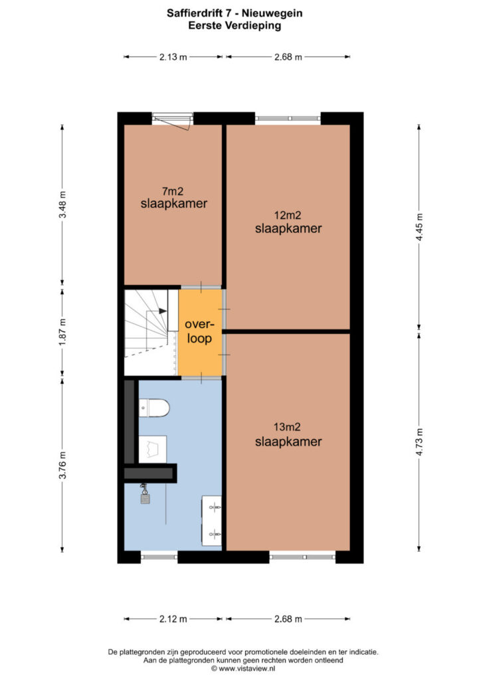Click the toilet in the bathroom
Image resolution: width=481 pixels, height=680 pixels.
pyautogui.click(x=154, y=408)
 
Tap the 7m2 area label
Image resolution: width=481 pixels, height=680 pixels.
pyautogui.click(x=173, y=191)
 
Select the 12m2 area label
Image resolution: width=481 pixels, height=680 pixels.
pyautogui.click(x=288, y=215)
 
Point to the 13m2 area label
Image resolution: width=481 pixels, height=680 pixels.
pyautogui.click(x=287, y=427)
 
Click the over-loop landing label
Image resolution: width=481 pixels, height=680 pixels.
pyautogui.click(x=200, y=331)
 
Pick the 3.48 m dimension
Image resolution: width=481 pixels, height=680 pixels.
pyautogui.click(x=63, y=205)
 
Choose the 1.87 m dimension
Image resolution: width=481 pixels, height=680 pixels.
pyautogui.click(x=63, y=332)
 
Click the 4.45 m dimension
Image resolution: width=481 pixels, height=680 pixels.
pyautogui.click(x=419, y=228)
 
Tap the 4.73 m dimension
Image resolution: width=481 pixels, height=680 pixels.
pyautogui.click(x=419, y=442)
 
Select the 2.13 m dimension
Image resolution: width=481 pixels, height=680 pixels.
pyautogui.click(x=173, y=57)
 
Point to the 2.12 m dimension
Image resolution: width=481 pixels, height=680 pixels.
pyautogui.click(x=173, y=619)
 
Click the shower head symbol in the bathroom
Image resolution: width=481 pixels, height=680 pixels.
pyautogui.click(x=145, y=494)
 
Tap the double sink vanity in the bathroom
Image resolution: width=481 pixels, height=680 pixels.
pyautogui.click(x=212, y=521)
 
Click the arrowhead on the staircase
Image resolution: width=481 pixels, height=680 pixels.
pyautogui.click(x=163, y=311)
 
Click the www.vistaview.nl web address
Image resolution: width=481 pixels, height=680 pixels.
pyautogui.click(x=246, y=669)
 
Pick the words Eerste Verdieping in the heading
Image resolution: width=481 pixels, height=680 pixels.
pyautogui.click(x=235, y=26)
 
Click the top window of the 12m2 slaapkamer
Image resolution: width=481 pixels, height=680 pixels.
pyautogui.click(x=288, y=118)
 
